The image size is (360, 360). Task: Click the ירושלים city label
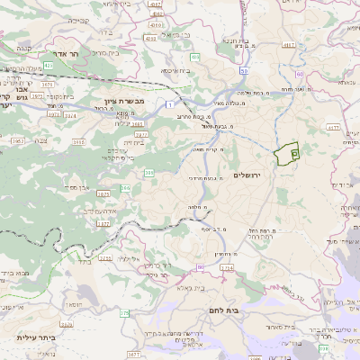[245, 175]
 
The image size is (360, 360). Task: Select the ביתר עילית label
[36, 338]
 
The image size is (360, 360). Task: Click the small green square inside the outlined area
[294, 155]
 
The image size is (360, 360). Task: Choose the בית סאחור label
[301, 325]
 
